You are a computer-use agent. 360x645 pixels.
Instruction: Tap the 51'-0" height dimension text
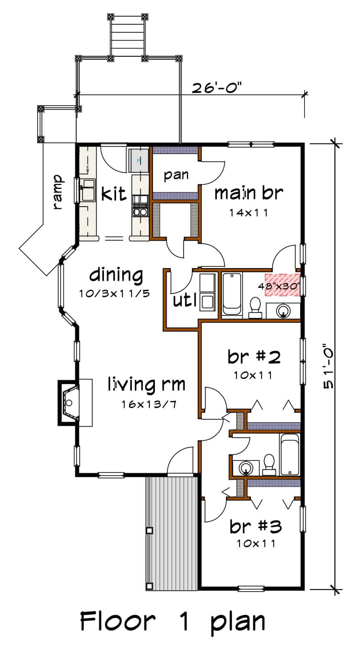click(329, 366)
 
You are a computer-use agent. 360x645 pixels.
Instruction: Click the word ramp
click(58, 192)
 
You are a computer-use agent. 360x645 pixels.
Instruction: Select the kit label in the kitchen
click(114, 194)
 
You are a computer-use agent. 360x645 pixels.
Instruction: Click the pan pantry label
click(176, 176)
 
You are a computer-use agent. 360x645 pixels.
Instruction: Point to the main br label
click(248, 193)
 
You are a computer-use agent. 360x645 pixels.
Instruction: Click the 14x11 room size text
click(248, 213)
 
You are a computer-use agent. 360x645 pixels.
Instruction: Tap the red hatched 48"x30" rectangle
click(282, 285)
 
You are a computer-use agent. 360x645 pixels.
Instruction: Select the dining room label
click(116, 275)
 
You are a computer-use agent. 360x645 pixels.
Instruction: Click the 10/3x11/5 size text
click(114, 294)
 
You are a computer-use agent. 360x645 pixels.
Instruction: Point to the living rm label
click(146, 384)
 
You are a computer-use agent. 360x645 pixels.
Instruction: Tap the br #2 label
click(254, 357)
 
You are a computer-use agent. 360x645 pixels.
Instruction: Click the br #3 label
click(256, 526)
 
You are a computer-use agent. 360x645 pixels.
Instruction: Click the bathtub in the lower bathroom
click(289, 455)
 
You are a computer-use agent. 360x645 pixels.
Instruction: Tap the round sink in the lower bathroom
click(246, 468)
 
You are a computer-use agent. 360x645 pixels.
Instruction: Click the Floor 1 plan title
click(173, 621)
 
